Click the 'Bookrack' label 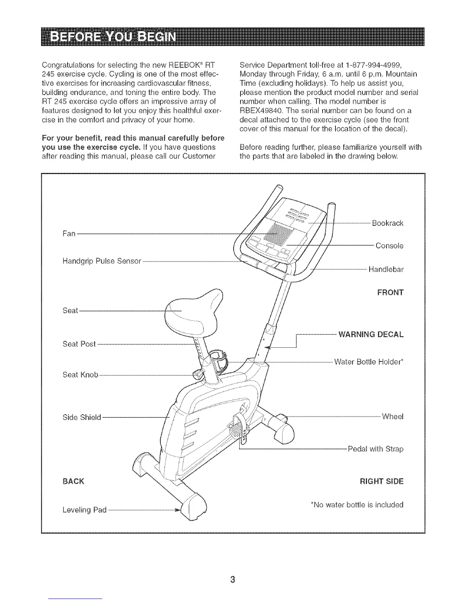(387, 223)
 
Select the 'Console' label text (389, 246)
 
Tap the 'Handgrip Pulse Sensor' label (101, 261)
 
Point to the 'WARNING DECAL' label (370, 334)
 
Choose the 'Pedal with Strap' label (375, 449)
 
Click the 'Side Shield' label (82, 417)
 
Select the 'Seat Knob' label (80, 375)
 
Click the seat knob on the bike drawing (199, 374)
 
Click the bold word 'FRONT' (390, 292)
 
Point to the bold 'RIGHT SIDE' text (381, 482)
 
